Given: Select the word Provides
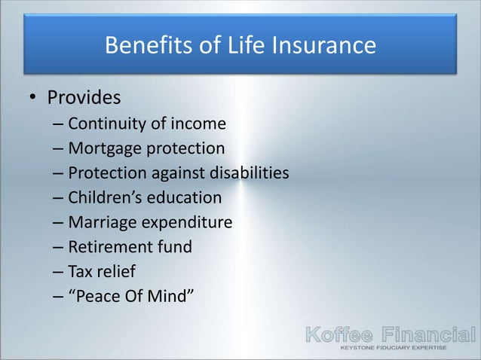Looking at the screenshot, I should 84,99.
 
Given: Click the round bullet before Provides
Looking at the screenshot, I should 32,99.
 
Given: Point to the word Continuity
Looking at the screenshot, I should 106,124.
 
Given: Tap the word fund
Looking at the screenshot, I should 175,248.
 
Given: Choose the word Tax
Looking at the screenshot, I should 80,273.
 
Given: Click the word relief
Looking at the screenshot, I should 117,273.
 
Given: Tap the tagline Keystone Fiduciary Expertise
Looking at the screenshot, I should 394,349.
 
